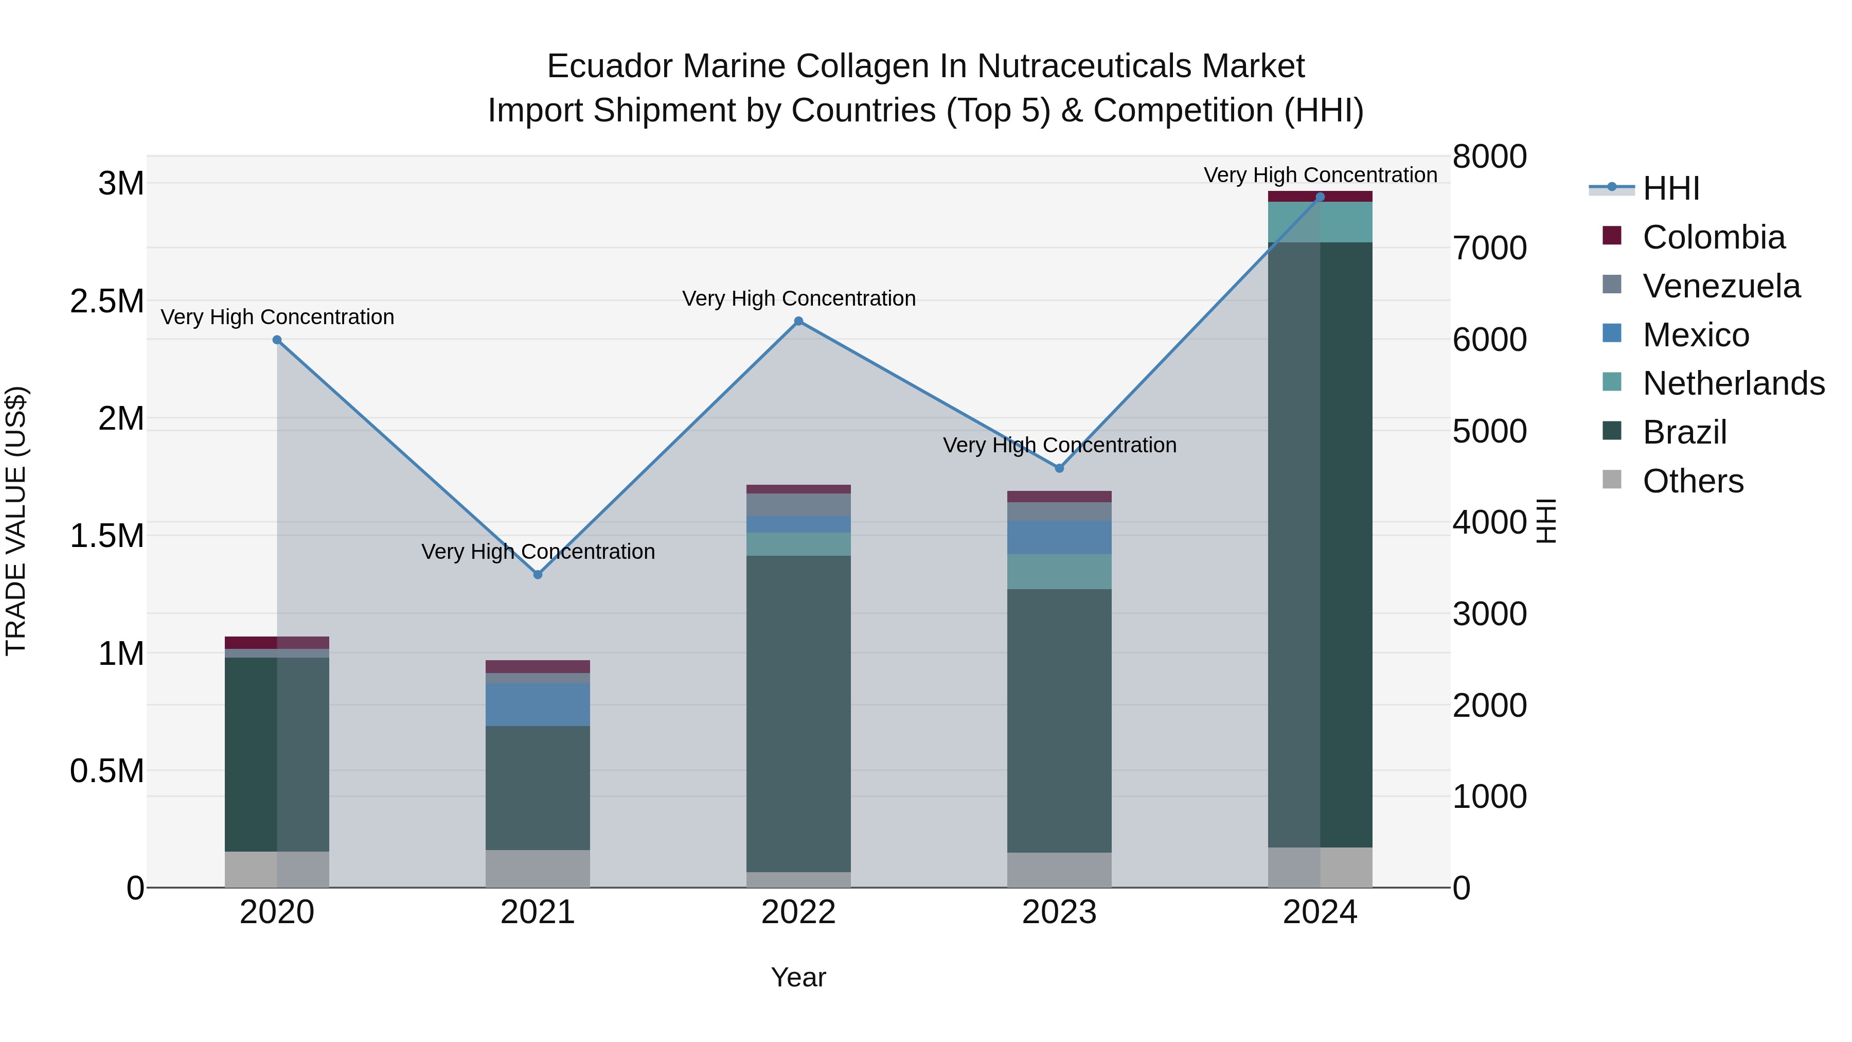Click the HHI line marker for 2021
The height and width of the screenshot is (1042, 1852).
(538, 575)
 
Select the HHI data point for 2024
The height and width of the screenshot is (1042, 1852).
(1320, 197)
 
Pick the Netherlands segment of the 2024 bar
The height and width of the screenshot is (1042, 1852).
(1320, 222)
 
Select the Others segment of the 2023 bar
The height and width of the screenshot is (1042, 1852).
(1059, 870)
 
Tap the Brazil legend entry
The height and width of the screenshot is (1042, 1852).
(1684, 432)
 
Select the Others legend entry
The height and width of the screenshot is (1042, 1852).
(1693, 481)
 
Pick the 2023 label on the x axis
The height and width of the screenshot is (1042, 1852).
(1059, 912)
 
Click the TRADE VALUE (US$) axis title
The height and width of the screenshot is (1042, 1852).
(16, 521)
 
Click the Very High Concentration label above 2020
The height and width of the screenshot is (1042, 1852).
(277, 317)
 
